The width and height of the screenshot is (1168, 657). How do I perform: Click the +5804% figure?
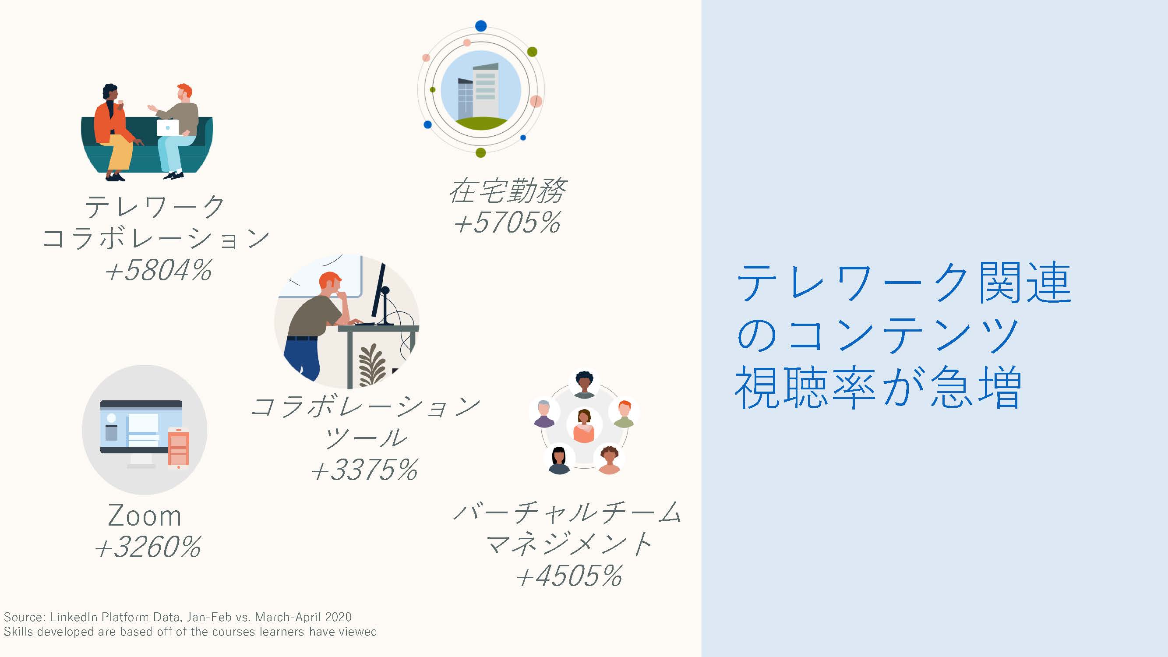(158, 271)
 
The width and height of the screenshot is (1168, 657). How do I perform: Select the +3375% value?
(364, 469)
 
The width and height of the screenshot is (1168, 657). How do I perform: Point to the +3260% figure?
(148, 547)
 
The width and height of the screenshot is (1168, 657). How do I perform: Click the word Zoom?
(145, 516)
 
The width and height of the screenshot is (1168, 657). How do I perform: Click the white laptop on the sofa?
(168, 127)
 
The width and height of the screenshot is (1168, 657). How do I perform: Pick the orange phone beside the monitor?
(178, 448)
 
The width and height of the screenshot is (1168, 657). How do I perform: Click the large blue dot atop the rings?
(481, 26)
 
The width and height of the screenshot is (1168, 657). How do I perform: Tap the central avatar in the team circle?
(584, 426)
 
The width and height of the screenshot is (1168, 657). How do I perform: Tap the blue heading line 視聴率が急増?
(878, 387)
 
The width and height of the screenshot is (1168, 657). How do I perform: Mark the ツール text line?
(365, 438)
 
